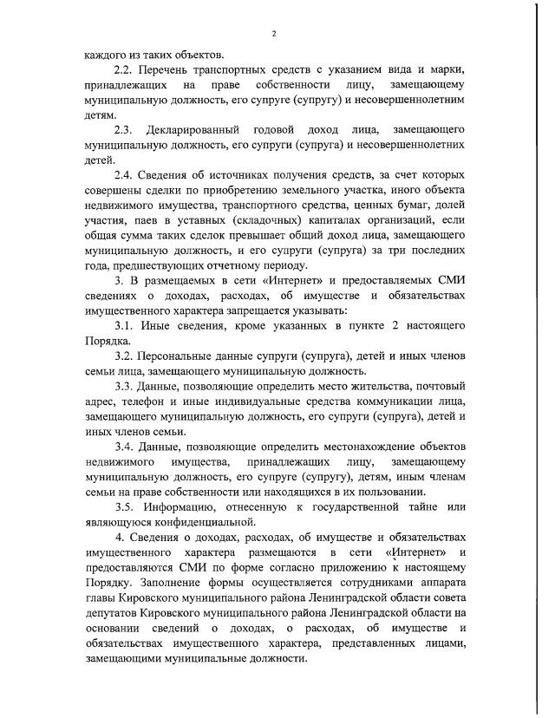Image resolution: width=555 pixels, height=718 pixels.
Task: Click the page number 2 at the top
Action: (x=273, y=33)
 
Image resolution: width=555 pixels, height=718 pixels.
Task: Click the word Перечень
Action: (x=170, y=69)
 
